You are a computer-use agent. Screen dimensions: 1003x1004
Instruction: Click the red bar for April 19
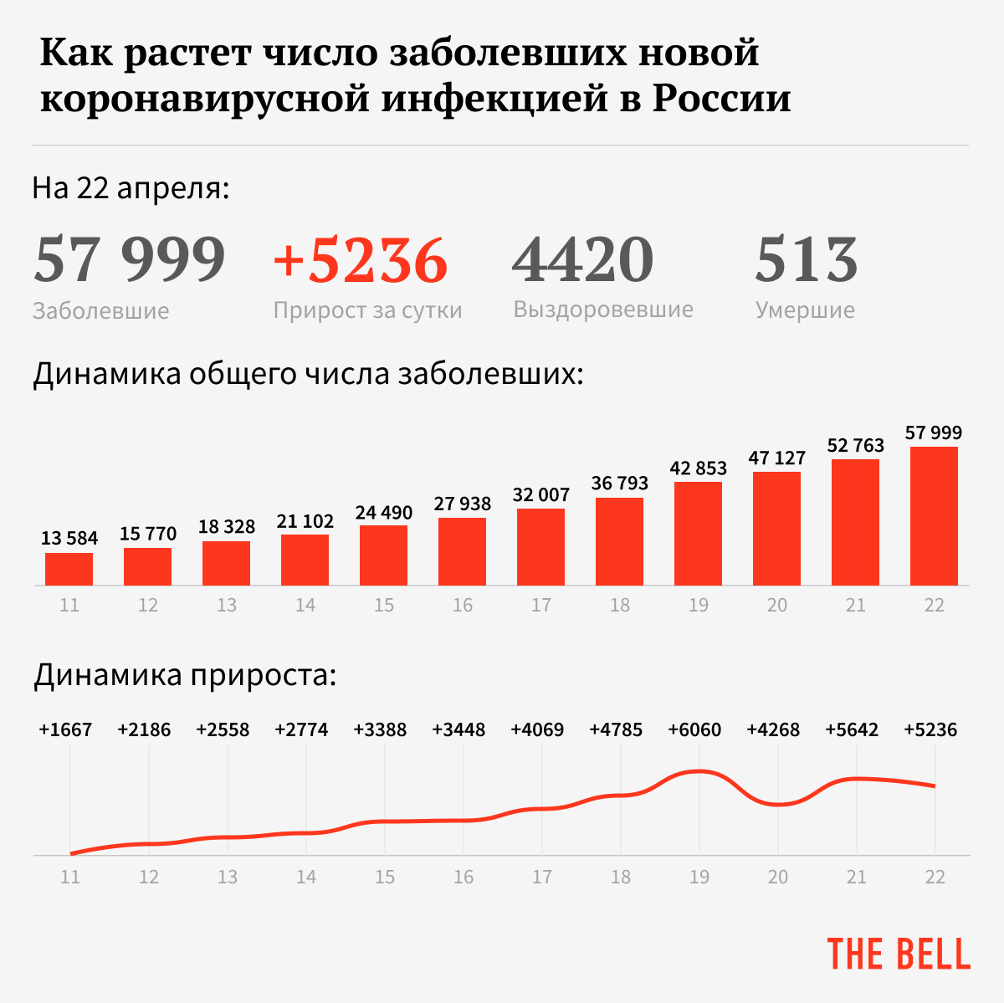click(x=698, y=534)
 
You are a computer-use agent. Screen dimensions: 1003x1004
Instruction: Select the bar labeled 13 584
click(x=69, y=569)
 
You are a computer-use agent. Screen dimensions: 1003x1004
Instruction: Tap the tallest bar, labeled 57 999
click(x=934, y=516)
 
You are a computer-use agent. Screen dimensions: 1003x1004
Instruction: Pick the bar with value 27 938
click(x=462, y=551)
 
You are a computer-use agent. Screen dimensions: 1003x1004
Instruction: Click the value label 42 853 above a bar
click(x=699, y=468)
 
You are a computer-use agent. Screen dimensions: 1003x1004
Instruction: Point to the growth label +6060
click(x=694, y=730)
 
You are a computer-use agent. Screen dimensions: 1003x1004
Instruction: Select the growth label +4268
click(x=773, y=730)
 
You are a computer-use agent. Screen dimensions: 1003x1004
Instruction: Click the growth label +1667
click(x=65, y=730)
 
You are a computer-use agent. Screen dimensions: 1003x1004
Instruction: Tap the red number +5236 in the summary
click(x=361, y=260)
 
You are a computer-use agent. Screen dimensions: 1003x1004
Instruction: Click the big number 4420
click(x=582, y=260)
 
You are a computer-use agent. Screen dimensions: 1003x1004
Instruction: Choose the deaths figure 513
click(x=807, y=260)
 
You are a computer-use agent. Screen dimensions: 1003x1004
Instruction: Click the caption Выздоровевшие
click(x=603, y=310)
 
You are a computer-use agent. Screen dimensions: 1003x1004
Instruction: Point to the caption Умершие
click(x=805, y=310)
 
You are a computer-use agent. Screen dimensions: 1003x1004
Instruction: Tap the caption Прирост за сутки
click(x=367, y=310)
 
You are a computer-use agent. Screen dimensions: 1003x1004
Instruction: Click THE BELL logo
click(x=899, y=954)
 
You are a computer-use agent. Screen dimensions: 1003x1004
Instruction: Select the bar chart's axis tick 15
click(x=384, y=605)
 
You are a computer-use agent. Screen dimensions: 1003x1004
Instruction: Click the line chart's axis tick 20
click(x=778, y=877)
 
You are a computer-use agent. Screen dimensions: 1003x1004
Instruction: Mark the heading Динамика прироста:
click(x=185, y=675)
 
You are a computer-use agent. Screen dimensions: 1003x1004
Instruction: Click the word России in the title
click(x=722, y=99)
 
